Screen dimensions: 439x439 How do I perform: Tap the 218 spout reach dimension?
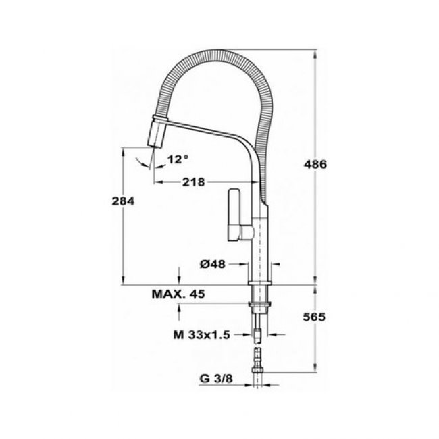(x=193, y=182)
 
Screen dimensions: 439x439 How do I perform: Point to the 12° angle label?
(x=178, y=159)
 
